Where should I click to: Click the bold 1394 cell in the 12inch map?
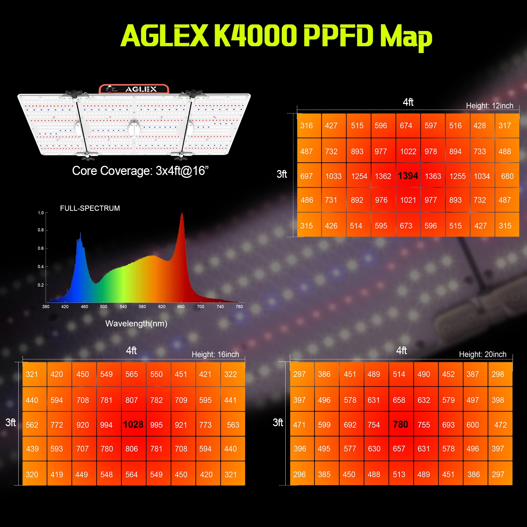coord(408,176)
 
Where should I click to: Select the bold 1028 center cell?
coord(133,424)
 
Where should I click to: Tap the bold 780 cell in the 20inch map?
coord(401,424)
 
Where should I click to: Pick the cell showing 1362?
coord(383,176)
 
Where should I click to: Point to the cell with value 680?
coord(507,176)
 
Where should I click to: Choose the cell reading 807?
coord(132,400)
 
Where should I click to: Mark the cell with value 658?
coord(399,400)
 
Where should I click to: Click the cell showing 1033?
coord(333,176)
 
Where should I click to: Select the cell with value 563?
coord(233,425)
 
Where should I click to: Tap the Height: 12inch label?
coord(489,106)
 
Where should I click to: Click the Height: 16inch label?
coord(215,354)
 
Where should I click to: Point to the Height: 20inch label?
coord(483,354)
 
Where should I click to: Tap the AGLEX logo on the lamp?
coord(141,89)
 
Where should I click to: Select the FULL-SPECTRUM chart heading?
coord(90,208)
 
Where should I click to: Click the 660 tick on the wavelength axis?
coord(181,307)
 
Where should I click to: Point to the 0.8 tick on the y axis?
coord(41,230)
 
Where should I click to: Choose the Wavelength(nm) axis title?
coord(136,324)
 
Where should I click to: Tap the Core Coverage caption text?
coord(140,171)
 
